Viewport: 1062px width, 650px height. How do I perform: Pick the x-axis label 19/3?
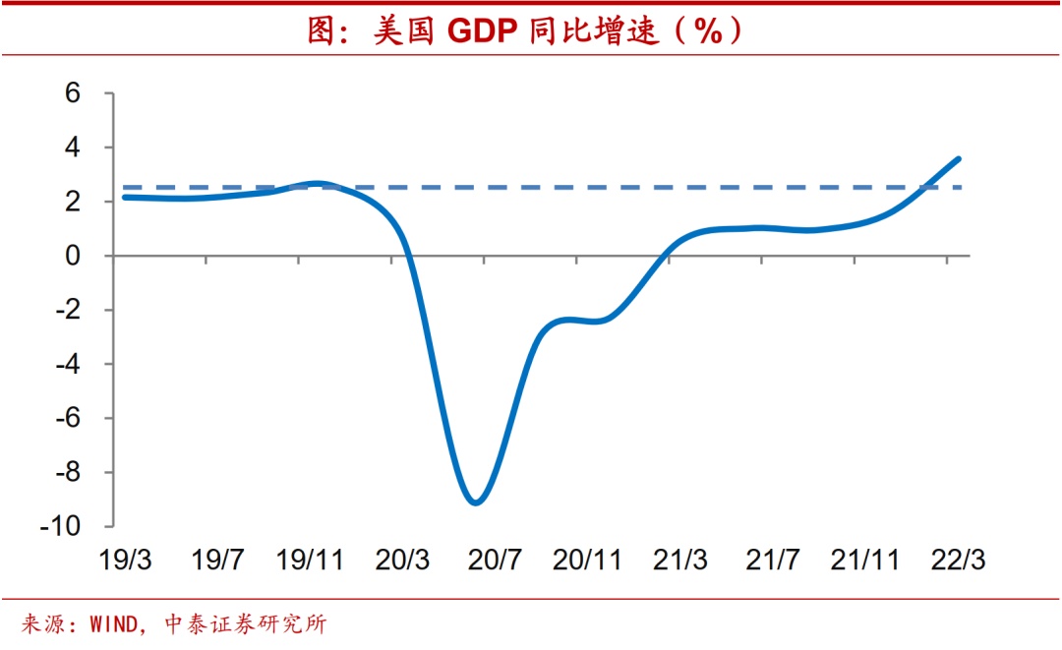(125, 561)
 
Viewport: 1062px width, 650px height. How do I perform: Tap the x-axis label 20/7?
(495, 561)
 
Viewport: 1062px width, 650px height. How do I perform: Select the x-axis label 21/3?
(679, 561)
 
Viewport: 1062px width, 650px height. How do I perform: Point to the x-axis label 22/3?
(958, 561)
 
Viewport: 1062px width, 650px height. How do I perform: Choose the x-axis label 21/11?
(865, 561)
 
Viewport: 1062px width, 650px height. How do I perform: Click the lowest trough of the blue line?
(476, 502)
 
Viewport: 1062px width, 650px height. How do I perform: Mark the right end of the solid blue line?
(959, 158)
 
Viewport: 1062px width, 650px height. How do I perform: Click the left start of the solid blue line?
(124, 198)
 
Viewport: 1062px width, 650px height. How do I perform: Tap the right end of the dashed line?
(960, 187)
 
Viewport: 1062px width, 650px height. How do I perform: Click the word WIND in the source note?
(115, 624)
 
